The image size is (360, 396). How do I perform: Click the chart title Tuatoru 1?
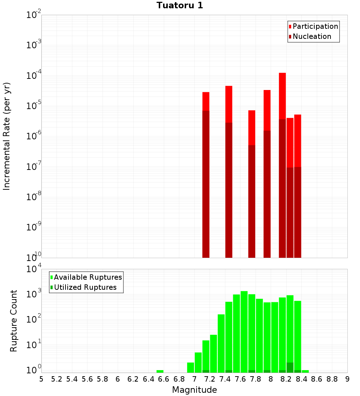click(180, 5)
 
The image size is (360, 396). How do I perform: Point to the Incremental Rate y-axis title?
click(7, 136)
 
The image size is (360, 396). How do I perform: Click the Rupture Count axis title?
click(14, 321)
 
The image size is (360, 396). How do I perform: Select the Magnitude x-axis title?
click(194, 390)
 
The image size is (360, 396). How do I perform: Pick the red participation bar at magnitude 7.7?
click(252, 127)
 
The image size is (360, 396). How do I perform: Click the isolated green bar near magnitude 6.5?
click(160, 371)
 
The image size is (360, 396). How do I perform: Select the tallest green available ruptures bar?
click(244, 331)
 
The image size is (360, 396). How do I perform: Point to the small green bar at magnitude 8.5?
click(305, 371)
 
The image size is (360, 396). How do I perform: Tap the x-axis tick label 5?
click(41, 379)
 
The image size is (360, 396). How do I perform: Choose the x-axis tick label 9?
click(347, 379)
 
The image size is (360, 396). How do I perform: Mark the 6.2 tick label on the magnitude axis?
click(133, 379)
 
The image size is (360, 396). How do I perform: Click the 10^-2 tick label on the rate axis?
click(33, 15)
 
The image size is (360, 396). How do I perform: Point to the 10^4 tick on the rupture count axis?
click(33, 269)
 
